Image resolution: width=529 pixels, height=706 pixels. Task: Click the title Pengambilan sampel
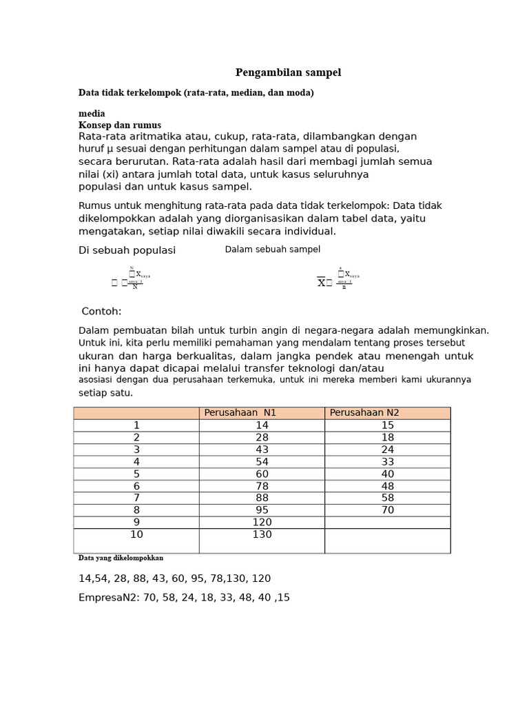click(x=288, y=72)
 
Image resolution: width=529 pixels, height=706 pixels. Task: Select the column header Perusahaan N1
click(x=240, y=413)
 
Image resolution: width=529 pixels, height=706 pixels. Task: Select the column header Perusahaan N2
click(x=364, y=413)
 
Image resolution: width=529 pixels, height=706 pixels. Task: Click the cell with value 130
click(x=262, y=535)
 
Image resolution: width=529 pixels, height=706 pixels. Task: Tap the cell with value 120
click(x=262, y=523)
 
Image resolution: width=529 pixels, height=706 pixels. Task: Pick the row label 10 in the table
click(x=136, y=535)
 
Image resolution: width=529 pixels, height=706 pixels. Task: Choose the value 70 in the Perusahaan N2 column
click(x=387, y=510)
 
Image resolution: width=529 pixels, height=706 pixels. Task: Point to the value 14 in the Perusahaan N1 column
click(x=262, y=425)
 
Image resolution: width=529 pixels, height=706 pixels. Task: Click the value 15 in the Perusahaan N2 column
click(x=387, y=425)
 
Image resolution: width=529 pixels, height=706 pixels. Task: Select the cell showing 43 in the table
click(x=262, y=450)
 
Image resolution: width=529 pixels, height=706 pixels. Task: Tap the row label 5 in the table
click(x=136, y=474)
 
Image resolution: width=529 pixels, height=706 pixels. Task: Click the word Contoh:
click(x=101, y=312)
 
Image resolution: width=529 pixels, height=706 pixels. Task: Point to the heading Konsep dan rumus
click(x=120, y=125)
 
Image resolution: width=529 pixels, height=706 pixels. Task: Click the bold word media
click(x=92, y=113)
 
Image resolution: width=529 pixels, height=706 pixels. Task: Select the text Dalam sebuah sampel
click(x=272, y=250)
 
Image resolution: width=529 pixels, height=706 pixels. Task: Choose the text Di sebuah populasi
click(x=127, y=250)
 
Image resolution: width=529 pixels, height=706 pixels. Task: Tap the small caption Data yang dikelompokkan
click(x=121, y=558)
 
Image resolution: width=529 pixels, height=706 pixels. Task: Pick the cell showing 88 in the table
click(x=262, y=498)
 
